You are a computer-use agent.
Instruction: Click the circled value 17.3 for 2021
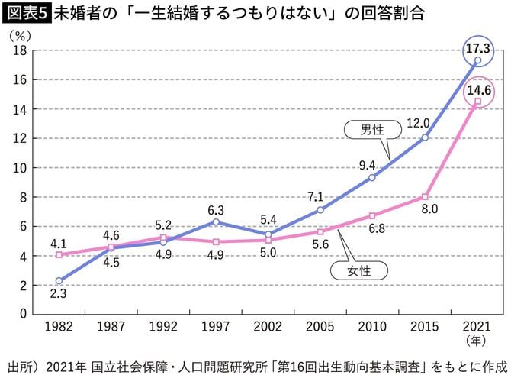point(477,47)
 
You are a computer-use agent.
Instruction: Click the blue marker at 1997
point(216,221)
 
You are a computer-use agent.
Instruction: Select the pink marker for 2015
point(424,197)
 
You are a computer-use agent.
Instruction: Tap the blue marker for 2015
point(424,137)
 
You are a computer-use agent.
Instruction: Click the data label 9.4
point(367,163)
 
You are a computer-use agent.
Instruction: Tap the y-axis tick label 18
point(21,50)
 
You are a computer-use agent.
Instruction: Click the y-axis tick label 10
point(21,168)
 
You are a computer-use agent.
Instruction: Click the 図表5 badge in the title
point(25,14)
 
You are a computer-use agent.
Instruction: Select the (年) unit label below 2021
point(477,340)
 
